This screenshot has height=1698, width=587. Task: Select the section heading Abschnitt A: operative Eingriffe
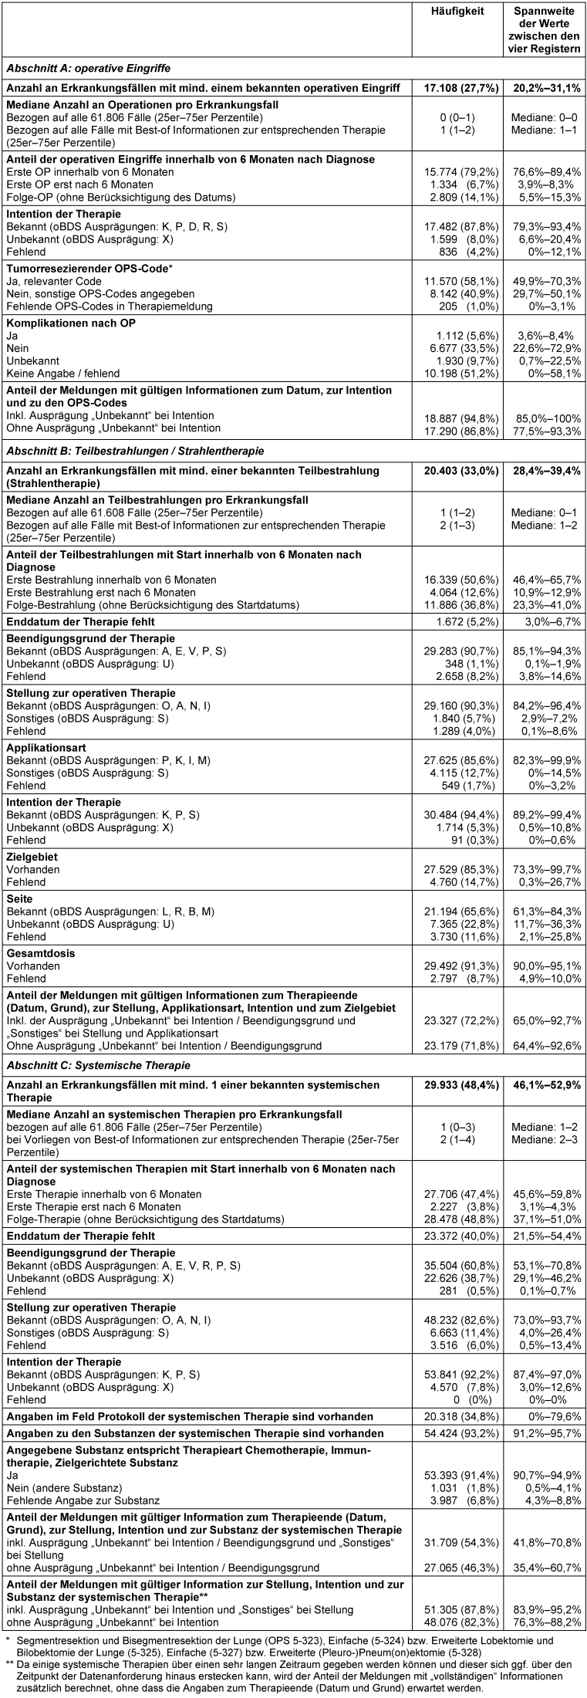(x=88, y=68)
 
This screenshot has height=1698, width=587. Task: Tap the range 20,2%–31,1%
(x=547, y=88)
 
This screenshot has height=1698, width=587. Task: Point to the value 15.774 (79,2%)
(x=461, y=172)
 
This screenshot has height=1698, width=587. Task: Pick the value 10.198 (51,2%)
(x=461, y=373)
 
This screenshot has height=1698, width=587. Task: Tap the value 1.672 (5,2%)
(x=461, y=621)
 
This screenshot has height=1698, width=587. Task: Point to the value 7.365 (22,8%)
(x=461, y=924)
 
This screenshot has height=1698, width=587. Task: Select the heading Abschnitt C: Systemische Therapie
(x=98, y=1065)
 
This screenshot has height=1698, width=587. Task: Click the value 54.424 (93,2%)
(x=461, y=1433)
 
